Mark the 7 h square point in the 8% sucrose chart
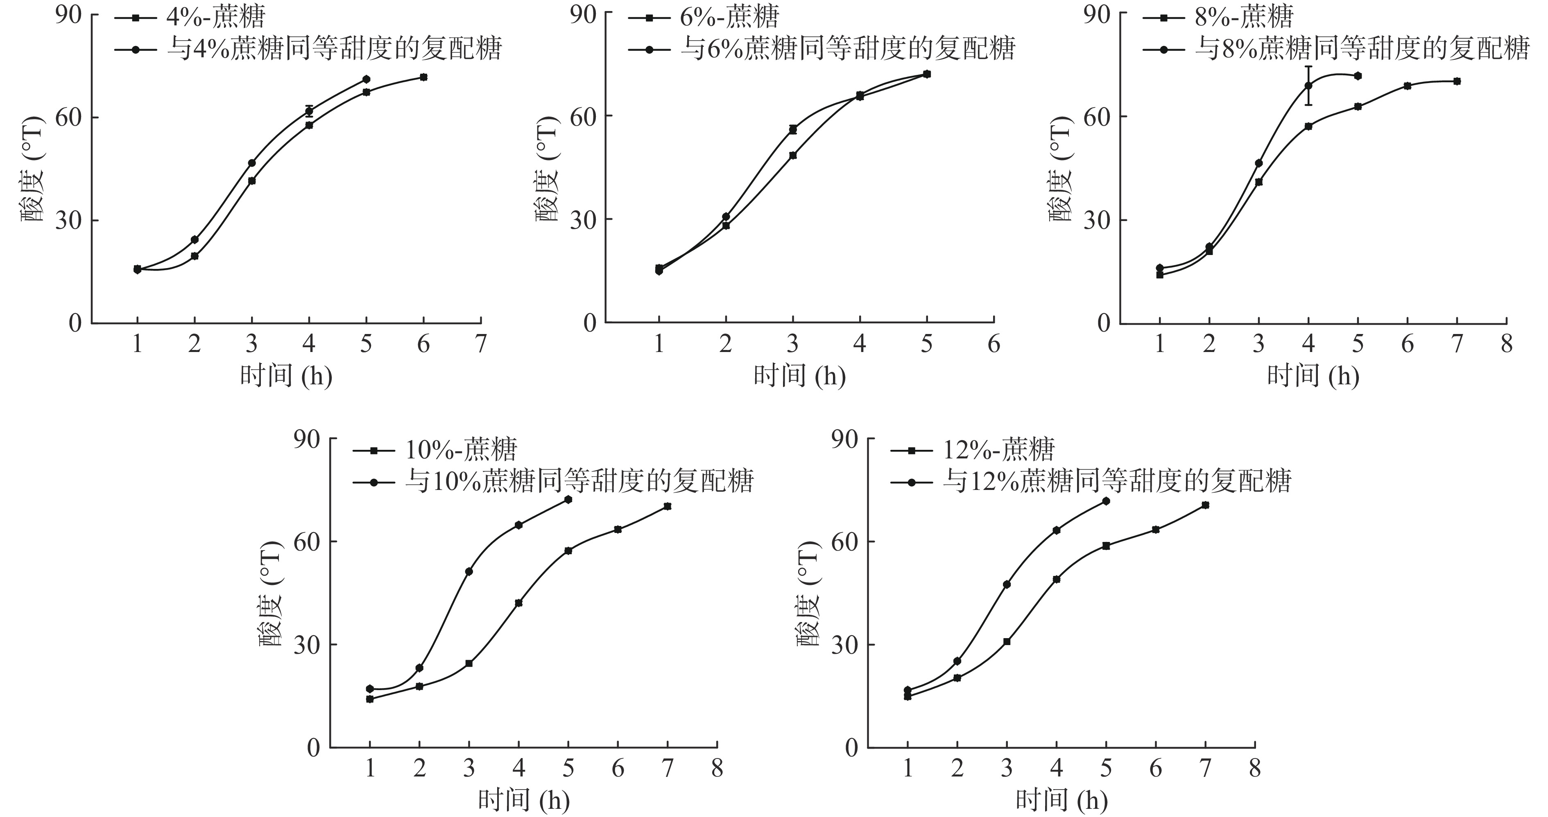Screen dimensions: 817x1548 (1457, 81)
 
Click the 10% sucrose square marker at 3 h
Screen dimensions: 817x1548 (469, 663)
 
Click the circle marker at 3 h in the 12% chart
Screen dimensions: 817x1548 (1007, 584)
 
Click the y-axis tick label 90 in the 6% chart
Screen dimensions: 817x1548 (582, 13)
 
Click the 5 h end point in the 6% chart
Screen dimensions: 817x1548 (927, 74)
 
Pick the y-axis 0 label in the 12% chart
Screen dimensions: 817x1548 (854, 748)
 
